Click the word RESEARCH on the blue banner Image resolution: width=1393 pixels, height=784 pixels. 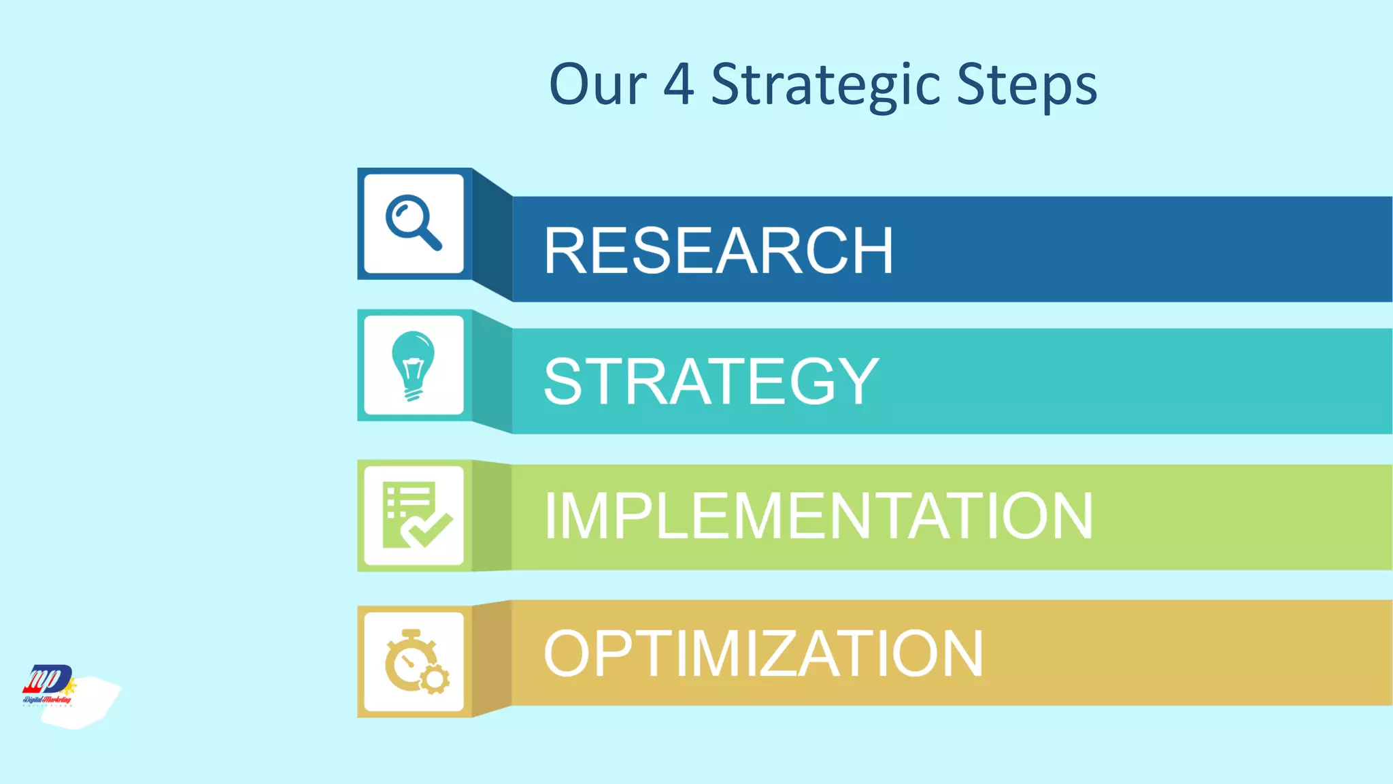click(x=718, y=250)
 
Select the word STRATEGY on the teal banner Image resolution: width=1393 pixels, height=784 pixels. click(x=711, y=381)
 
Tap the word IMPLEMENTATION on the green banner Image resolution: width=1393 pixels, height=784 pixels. click(x=818, y=516)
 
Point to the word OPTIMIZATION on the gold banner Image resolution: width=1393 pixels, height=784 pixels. click(x=763, y=653)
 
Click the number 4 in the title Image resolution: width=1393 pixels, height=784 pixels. click(x=679, y=84)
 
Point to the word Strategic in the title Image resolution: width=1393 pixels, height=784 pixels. click(x=826, y=86)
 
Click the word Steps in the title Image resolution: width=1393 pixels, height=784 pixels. click(x=1026, y=86)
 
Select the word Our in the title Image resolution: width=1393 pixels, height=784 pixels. click(x=597, y=85)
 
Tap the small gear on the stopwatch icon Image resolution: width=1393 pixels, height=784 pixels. click(x=435, y=679)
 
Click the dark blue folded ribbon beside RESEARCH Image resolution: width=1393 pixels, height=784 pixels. click(x=492, y=235)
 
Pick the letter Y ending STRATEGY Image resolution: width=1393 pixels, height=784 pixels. click(x=858, y=381)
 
